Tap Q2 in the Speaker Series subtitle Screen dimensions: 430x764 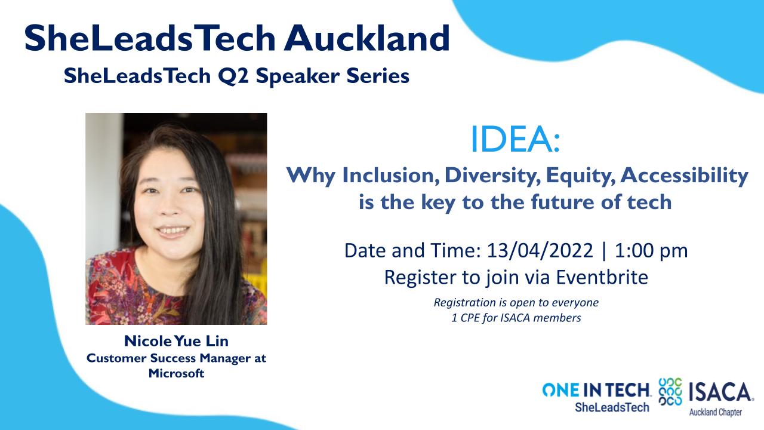(233, 76)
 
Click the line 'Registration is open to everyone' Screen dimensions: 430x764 (516, 303)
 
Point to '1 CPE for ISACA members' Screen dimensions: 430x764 (516, 318)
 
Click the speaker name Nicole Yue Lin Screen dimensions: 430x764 (176, 341)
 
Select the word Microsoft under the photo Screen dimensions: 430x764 (176, 373)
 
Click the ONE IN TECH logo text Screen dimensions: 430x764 (596, 391)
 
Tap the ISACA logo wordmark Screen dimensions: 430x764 (720, 393)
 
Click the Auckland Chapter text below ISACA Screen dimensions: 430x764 (716, 413)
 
